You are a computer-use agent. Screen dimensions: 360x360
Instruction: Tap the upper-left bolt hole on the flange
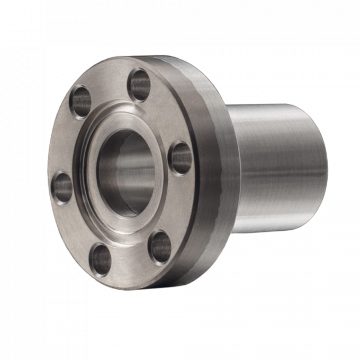[x=82, y=101]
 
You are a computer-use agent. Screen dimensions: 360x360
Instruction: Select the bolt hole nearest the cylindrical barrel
[x=181, y=158]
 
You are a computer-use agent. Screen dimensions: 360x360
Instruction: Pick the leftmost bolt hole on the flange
[x=63, y=187]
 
